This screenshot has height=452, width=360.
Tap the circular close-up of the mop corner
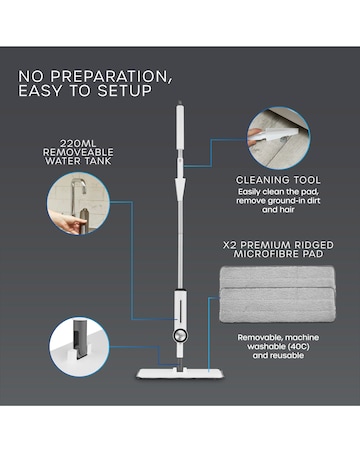(77, 342)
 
